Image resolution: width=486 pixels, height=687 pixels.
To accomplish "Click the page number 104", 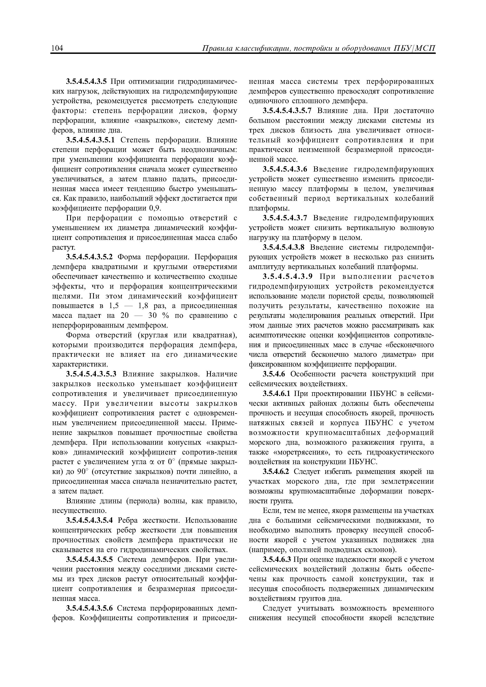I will coord(57,49).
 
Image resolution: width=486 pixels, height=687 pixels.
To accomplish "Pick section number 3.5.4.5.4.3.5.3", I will coord(91,374).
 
